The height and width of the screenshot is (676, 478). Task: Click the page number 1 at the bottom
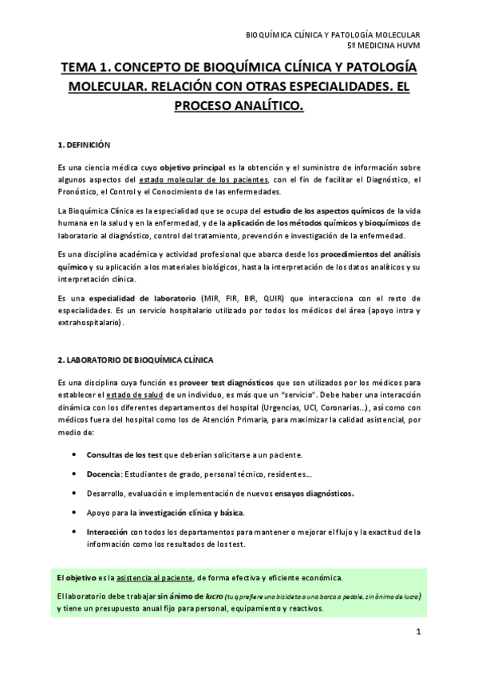(x=417, y=632)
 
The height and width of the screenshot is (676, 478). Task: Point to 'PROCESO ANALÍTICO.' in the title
(x=239, y=105)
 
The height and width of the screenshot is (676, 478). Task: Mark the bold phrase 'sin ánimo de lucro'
(x=190, y=595)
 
